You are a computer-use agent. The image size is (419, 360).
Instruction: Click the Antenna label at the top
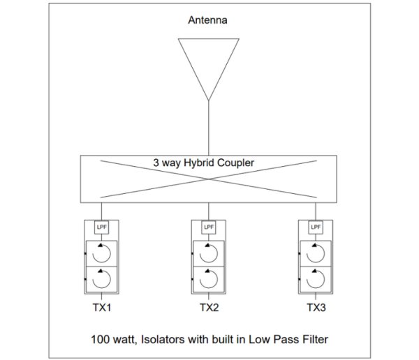tap(207, 20)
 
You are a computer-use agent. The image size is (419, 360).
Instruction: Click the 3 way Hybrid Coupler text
tap(204, 163)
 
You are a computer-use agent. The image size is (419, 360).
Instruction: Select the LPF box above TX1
tap(102, 227)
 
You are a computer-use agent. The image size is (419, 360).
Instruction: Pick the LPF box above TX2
tap(209, 227)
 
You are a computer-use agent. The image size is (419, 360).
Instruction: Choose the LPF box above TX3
tap(316, 227)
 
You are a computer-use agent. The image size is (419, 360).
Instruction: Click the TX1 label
tap(102, 308)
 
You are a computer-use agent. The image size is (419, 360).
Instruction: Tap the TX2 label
tap(209, 308)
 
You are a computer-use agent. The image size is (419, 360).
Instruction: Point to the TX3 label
tap(316, 308)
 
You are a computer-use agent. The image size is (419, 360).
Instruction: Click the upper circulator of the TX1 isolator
tap(110, 253)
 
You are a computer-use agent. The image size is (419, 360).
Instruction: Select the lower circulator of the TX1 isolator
tap(110, 279)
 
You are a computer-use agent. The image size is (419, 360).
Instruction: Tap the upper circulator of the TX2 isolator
tap(217, 253)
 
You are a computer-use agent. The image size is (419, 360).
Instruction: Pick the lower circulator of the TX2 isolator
tap(217, 279)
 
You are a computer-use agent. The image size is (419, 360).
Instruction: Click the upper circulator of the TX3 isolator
tap(325, 253)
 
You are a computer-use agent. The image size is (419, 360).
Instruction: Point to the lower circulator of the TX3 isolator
tap(325, 279)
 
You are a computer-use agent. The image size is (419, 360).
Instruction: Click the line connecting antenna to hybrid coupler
tap(209, 128)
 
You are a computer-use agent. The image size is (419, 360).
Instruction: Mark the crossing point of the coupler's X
tap(209, 179)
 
